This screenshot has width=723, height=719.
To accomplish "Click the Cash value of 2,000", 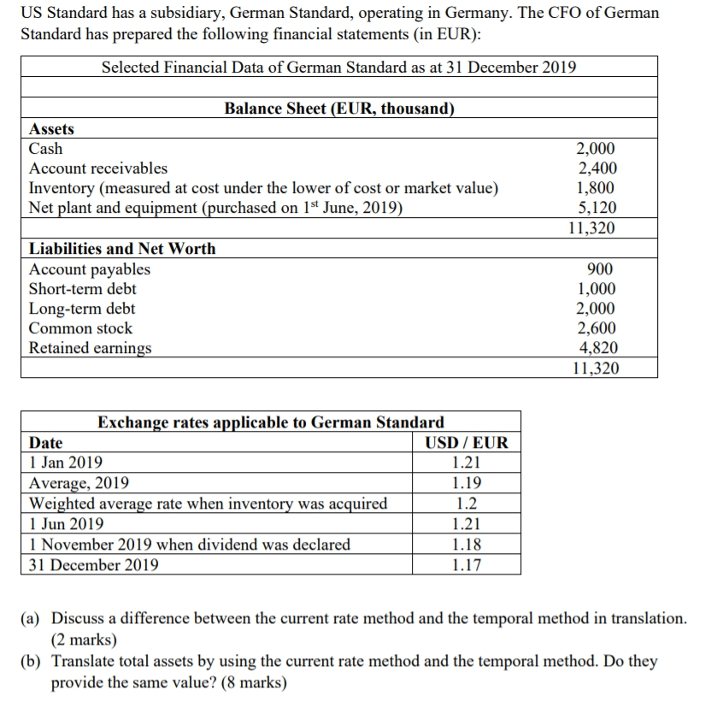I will [597, 149].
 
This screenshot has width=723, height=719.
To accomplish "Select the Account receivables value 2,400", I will [597, 168].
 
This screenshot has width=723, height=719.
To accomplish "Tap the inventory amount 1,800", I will [597, 188].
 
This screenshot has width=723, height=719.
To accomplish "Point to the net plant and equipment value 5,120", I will [597, 208].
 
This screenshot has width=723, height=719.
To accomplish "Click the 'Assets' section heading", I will [51, 129].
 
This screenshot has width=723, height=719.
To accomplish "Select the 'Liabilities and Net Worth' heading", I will [122, 249].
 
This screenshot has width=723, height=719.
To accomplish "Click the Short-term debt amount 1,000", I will [597, 289].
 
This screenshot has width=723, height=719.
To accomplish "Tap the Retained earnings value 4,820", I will [597, 348].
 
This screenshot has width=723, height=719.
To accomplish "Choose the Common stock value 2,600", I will [597, 328].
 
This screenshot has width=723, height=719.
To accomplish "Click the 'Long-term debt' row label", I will [82, 309].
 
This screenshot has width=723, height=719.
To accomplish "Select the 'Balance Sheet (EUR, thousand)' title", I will [339, 109].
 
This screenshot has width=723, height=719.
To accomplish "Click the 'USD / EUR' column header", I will [466, 443].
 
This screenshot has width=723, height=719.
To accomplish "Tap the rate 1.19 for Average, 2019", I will [466, 483].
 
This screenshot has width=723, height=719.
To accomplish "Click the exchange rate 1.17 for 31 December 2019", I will [466, 564].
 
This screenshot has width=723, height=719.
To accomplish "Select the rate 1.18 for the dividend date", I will [466, 545].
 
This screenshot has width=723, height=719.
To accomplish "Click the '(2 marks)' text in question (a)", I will [85, 639].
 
